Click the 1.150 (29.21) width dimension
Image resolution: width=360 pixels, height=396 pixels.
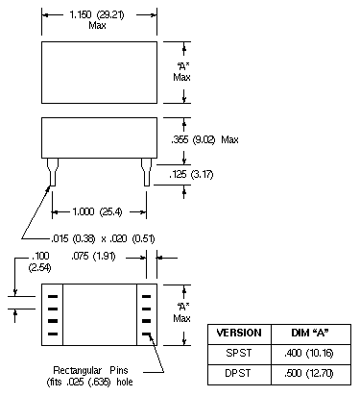[x=97, y=14]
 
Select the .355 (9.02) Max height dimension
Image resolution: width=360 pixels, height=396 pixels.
[x=204, y=139]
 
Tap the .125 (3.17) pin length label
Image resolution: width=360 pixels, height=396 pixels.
[x=191, y=174]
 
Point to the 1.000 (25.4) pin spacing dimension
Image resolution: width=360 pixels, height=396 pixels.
[x=97, y=211]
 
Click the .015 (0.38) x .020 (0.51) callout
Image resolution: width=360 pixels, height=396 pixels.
[x=103, y=238]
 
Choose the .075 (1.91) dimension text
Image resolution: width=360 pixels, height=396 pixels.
[x=93, y=257]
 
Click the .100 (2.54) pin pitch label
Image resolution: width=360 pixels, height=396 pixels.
[x=40, y=261]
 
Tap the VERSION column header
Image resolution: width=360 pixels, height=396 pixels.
[x=239, y=333]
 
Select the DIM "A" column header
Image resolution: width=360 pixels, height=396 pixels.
[x=310, y=333]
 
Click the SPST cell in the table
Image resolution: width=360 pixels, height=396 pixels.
[x=239, y=353]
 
